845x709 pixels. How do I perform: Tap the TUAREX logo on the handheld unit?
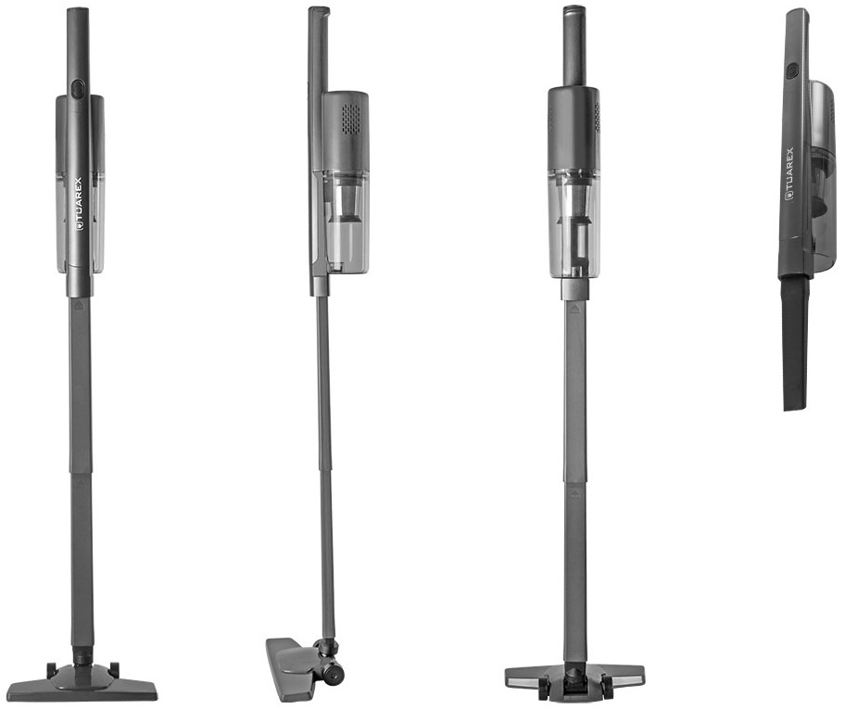click(790, 176)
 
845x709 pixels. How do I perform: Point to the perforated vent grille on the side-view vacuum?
click(352, 119)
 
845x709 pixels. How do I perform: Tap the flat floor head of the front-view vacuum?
click(84, 681)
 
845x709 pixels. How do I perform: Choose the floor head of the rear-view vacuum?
click(574, 674)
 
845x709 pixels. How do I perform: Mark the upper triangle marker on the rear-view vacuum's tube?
click(574, 309)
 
